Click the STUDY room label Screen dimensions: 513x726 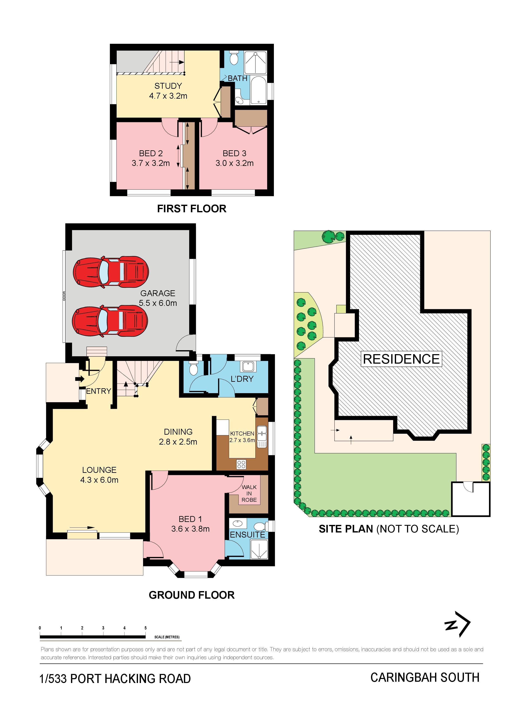[x=168, y=86]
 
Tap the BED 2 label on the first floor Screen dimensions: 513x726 [x=151, y=153]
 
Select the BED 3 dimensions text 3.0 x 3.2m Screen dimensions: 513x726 [x=234, y=163]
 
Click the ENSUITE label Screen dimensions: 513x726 [x=248, y=535]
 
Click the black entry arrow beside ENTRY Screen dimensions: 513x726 [x=80, y=379]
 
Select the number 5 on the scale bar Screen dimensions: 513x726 [x=145, y=628]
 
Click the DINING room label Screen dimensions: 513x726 [x=178, y=432]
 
